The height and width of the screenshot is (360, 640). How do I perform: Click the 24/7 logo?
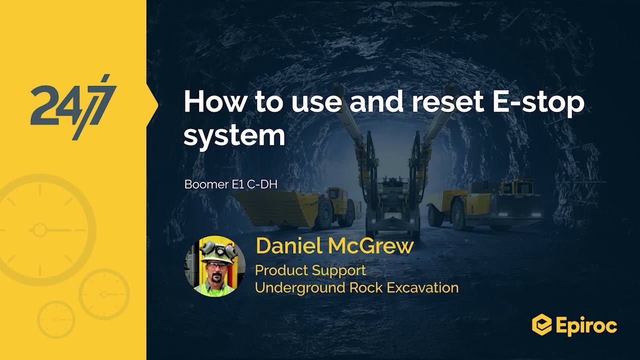point(73,106)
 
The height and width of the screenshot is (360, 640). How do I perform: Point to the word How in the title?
point(215,102)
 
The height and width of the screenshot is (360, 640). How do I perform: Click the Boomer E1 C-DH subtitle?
point(230,184)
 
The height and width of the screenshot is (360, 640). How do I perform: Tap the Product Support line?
point(310,270)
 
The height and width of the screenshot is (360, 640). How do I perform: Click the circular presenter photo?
point(215,266)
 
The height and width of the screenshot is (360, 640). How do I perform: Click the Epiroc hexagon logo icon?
point(541,325)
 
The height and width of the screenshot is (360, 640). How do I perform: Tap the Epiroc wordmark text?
point(586,326)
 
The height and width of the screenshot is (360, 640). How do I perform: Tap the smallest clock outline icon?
point(55,318)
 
